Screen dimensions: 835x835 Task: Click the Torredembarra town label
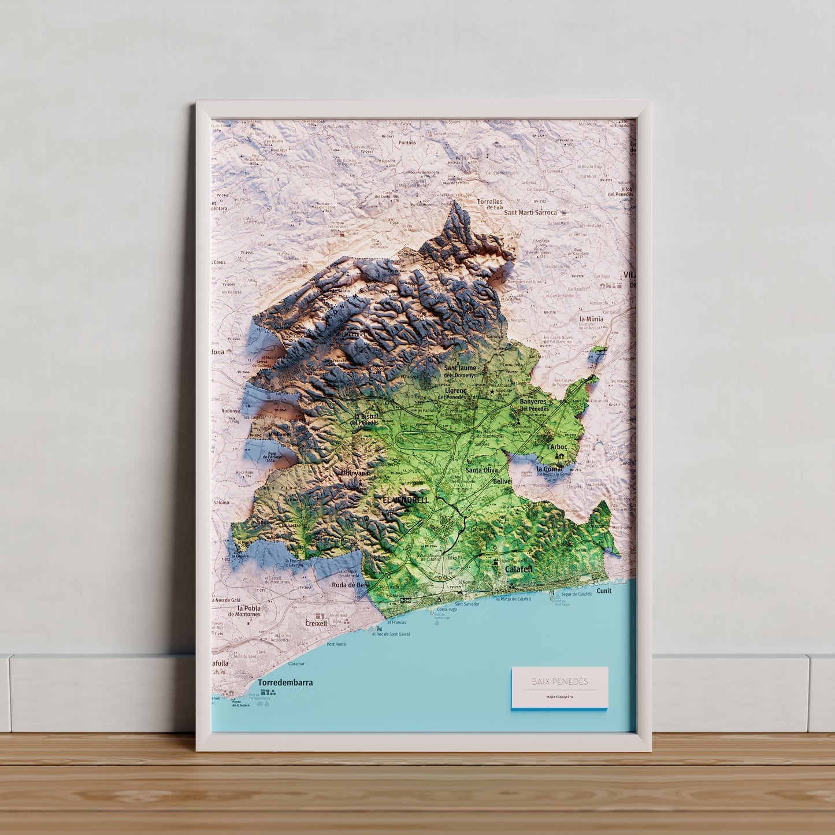285,682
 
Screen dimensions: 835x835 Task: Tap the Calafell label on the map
518,569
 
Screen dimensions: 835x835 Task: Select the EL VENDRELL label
406,500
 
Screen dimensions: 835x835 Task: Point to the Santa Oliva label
481,470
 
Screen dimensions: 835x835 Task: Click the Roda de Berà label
350,585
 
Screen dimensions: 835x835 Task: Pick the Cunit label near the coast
604,591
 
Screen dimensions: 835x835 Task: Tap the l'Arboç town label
557,447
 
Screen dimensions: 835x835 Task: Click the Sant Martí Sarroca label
530,213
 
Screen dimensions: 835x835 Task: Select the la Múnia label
591,319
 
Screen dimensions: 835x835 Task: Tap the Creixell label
316,624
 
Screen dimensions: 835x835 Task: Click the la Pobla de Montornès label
244,611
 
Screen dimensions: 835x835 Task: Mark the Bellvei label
503,481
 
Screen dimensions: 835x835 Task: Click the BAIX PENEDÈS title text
559,682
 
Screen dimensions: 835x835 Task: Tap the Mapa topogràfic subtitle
559,697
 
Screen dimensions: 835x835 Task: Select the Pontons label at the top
407,143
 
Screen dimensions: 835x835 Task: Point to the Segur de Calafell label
576,594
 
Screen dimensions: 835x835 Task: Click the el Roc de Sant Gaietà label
391,634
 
